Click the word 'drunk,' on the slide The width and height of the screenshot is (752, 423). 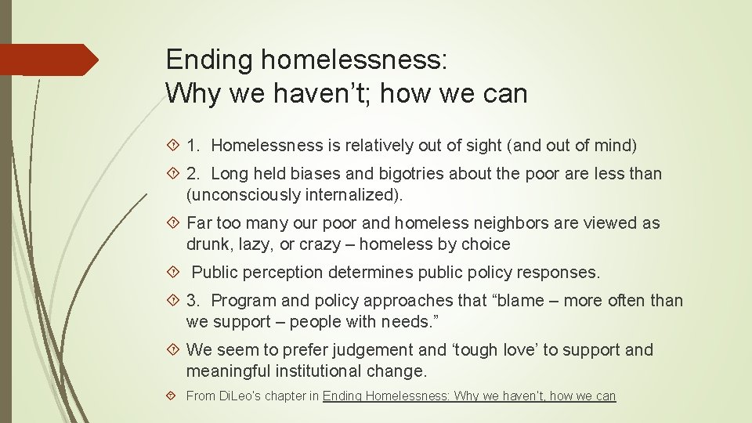[x=210, y=244]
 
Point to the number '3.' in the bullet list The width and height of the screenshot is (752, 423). [x=196, y=301]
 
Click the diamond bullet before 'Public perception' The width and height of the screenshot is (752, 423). [x=175, y=273]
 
